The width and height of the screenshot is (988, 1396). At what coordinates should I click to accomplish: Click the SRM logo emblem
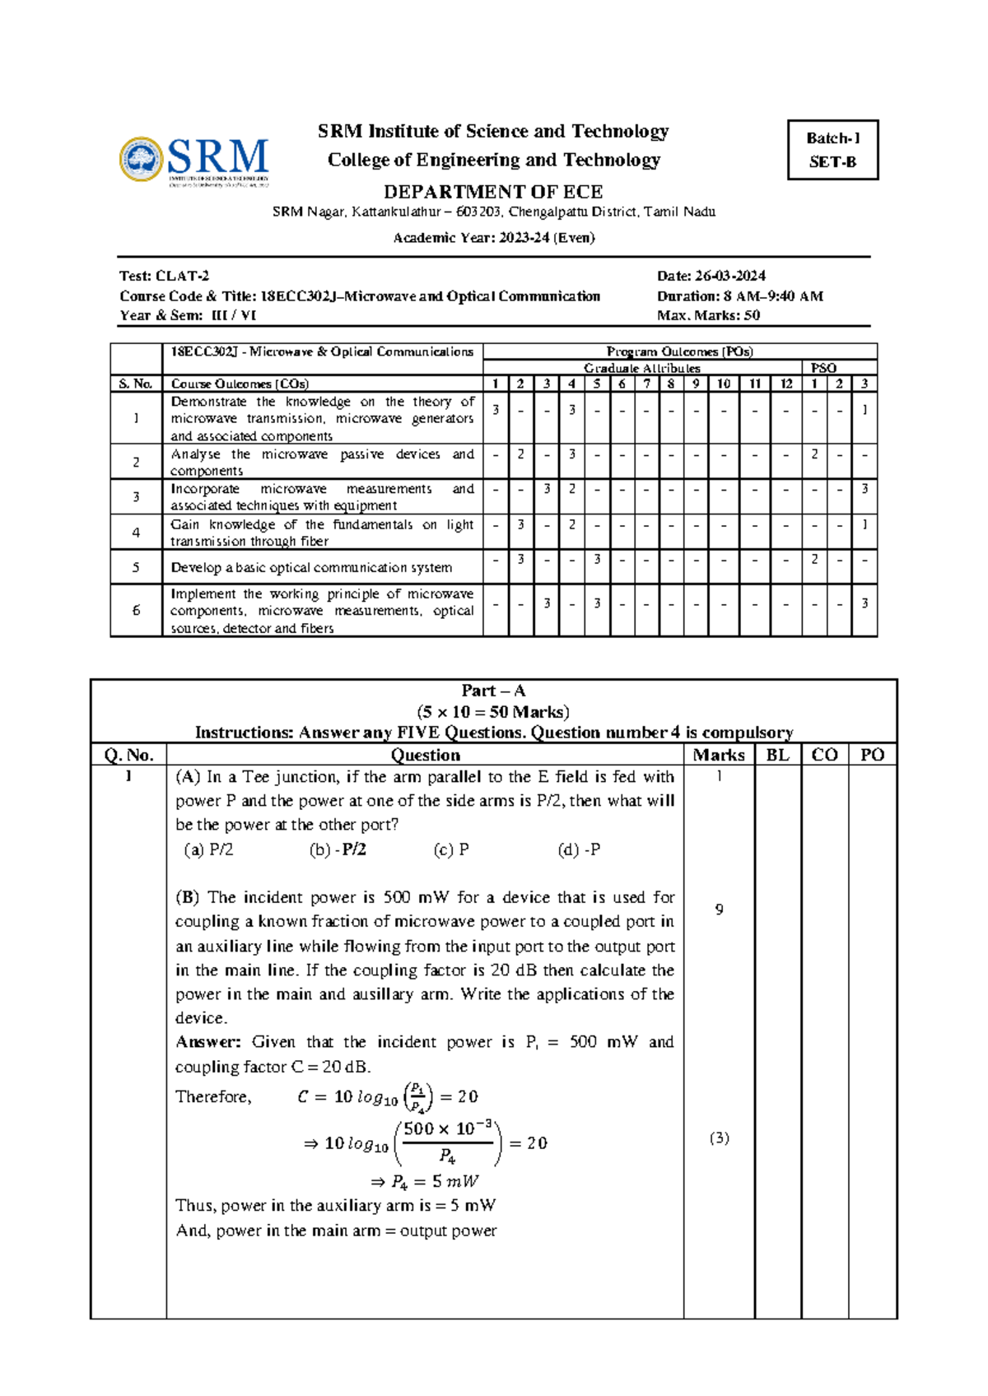[x=141, y=159]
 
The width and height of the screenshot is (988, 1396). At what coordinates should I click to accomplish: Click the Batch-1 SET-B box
[x=832, y=150]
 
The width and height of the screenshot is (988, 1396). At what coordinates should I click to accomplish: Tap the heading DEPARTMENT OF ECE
[x=493, y=192]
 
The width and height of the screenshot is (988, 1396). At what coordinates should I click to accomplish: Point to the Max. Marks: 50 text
[x=708, y=315]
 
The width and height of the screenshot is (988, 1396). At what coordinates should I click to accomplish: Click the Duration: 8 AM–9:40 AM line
[x=739, y=295]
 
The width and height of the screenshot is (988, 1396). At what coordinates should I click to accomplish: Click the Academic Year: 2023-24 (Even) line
[x=493, y=238]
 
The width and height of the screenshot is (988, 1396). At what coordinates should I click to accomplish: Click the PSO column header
[x=823, y=368]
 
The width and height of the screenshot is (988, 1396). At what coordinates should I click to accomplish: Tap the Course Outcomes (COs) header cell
[x=240, y=384]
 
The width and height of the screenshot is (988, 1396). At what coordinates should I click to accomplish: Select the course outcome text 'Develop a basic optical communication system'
[x=311, y=568]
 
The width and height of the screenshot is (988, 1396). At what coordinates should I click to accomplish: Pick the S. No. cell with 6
[x=136, y=610]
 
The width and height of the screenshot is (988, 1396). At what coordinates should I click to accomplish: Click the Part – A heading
[x=493, y=691]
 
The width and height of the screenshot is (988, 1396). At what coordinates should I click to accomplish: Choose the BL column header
[x=777, y=755]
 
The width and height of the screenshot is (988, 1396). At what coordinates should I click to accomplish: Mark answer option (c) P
[x=451, y=849]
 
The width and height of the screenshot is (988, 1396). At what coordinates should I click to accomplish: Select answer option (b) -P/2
[x=338, y=849]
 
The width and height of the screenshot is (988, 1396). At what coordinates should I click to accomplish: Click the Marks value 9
[x=719, y=910]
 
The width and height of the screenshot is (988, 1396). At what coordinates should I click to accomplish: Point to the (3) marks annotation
[x=719, y=1138]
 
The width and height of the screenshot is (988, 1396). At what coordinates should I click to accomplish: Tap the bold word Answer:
[x=207, y=1042]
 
